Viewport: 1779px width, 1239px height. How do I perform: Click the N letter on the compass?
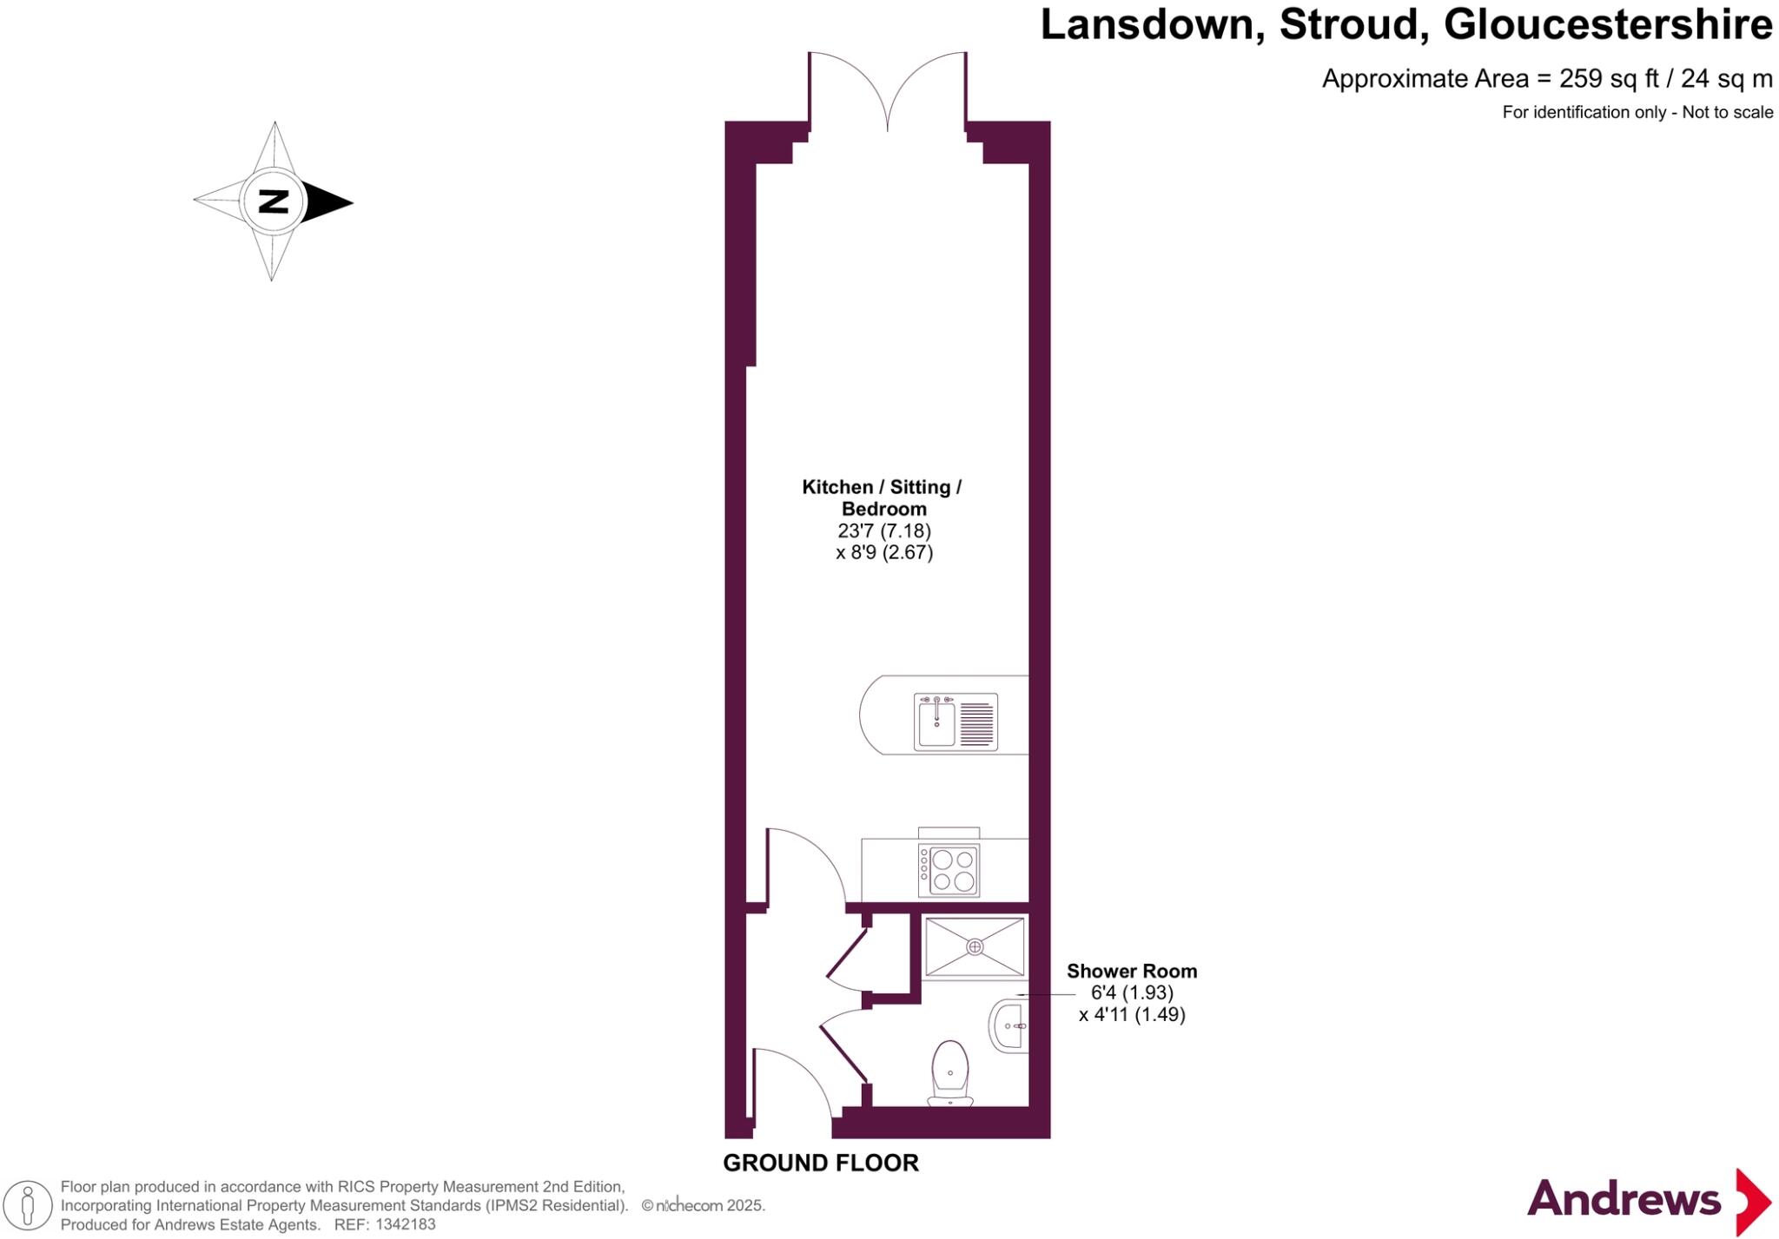[274, 201]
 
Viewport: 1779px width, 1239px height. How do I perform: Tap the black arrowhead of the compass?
[327, 202]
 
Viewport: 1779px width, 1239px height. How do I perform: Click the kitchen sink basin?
[936, 723]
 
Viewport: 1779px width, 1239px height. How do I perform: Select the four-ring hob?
[952, 871]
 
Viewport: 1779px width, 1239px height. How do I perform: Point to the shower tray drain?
[975, 946]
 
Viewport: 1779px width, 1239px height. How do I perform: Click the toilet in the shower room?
[950, 1073]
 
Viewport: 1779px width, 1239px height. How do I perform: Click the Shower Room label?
[1131, 972]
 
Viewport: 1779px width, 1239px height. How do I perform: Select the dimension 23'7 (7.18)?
[883, 531]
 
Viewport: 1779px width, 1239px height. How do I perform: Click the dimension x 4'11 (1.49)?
[1132, 1014]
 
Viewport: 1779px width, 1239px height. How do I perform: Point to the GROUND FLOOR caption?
[821, 1163]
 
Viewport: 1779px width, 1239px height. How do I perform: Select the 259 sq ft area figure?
[1610, 79]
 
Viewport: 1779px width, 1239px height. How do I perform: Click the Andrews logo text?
[1624, 1200]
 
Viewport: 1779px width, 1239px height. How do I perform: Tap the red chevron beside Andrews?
[1752, 1202]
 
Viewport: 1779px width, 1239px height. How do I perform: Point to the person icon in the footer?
[28, 1206]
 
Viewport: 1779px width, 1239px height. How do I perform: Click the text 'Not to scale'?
[1727, 112]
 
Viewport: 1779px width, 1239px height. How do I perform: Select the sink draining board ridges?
[977, 723]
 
